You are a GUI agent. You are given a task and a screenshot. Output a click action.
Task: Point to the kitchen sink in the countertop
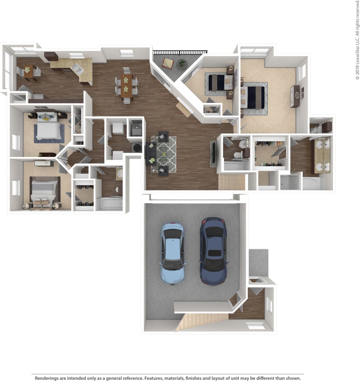(78, 69)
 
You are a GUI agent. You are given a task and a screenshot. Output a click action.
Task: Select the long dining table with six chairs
(126, 85)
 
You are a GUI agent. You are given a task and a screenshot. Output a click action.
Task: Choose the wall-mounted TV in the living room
(213, 154)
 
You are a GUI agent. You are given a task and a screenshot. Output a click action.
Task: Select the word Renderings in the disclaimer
(47, 378)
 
